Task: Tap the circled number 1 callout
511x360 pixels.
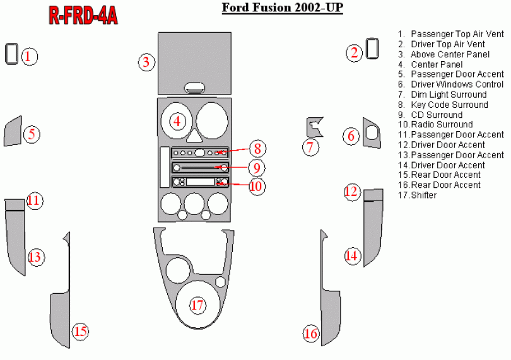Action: pyautogui.click(x=28, y=56)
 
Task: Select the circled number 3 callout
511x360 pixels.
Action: pyautogui.click(x=146, y=62)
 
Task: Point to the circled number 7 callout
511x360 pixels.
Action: pyautogui.click(x=310, y=148)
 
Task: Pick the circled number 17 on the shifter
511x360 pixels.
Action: pyautogui.click(x=198, y=306)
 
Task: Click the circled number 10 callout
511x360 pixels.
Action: pyautogui.click(x=255, y=186)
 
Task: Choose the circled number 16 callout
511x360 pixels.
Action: pyautogui.click(x=310, y=333)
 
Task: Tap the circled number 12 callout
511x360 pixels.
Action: pyautogui.click(x=351, y=192)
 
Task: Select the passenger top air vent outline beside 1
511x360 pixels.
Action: pyautogui.click(x=11, y=54)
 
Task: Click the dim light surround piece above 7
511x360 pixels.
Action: pyautogui.click(x=314, y=125)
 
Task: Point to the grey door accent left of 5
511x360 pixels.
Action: pyautogui.click(x=13, y=131)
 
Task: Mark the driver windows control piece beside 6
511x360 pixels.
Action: pyautogui.click(x=372, y=132)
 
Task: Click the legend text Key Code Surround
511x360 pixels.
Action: pyautogui.click(x=449, y=105)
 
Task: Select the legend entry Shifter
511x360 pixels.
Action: pyautogui.click(x=423, y=195)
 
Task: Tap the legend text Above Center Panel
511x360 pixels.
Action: pyautogui.click(x=450, y=54)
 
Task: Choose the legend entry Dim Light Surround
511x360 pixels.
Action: pyautogui.click(x=449, y=95)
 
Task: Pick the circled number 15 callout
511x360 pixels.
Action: pyautogui.click(x=80, y=331)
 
